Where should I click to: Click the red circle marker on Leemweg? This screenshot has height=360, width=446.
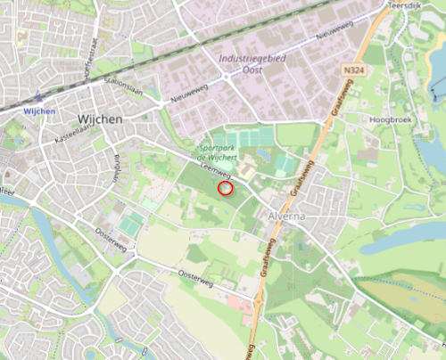coord(225,187)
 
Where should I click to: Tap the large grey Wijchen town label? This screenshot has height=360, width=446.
coord(101,117)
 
